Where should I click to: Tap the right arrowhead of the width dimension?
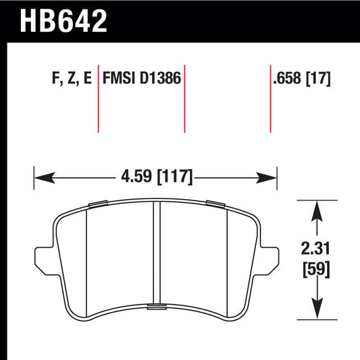(269, 178)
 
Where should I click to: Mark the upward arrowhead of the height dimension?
(314, 209)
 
